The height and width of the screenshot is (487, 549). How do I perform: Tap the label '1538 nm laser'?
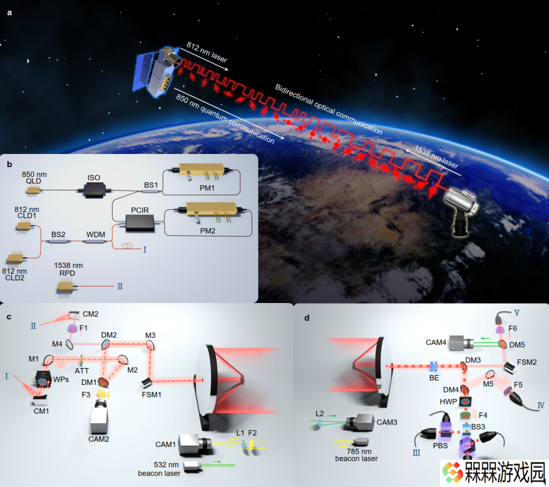[436, 157]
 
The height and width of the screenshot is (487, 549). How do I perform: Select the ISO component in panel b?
[94, 191]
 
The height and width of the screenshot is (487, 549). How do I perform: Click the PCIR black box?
[140, 223]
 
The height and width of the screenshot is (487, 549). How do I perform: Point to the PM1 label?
[207, 188]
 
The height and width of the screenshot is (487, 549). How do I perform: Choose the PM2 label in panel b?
[208, 231]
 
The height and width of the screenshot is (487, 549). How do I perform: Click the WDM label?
[96, 234]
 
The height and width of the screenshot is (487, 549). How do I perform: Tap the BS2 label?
[58, 234]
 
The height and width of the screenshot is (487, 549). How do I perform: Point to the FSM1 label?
[152, 395]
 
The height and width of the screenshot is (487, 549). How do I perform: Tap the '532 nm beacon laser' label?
[160, 469]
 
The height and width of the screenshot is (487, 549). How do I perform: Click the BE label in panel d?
[434, 378]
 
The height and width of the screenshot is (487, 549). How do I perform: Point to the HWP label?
[448, 402]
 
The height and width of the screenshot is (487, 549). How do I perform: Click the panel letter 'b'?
[9, 164]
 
